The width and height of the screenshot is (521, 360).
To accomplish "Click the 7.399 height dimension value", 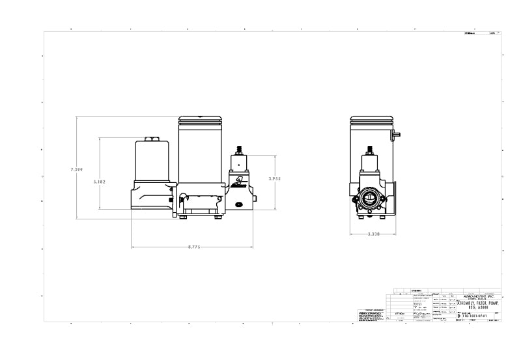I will [x=77, y=169].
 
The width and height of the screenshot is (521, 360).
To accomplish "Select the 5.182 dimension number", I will [x=100, y=182].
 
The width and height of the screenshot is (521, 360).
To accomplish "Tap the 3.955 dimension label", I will [x=275, y=177].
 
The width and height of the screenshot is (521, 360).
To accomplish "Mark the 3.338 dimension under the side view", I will [x=374, y=233].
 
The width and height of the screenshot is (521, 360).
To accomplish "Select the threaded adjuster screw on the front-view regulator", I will [x=238, y=149].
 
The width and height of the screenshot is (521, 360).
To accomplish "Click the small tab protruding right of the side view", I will [x=397, y=134].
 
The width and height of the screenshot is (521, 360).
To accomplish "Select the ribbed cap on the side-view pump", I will [x=370, y=120].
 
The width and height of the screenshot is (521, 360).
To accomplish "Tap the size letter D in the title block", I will [x=459, y=315].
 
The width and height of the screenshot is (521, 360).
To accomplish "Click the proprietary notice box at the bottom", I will [x=372, y=314].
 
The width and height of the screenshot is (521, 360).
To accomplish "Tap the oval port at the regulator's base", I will [x=238, y=204].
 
